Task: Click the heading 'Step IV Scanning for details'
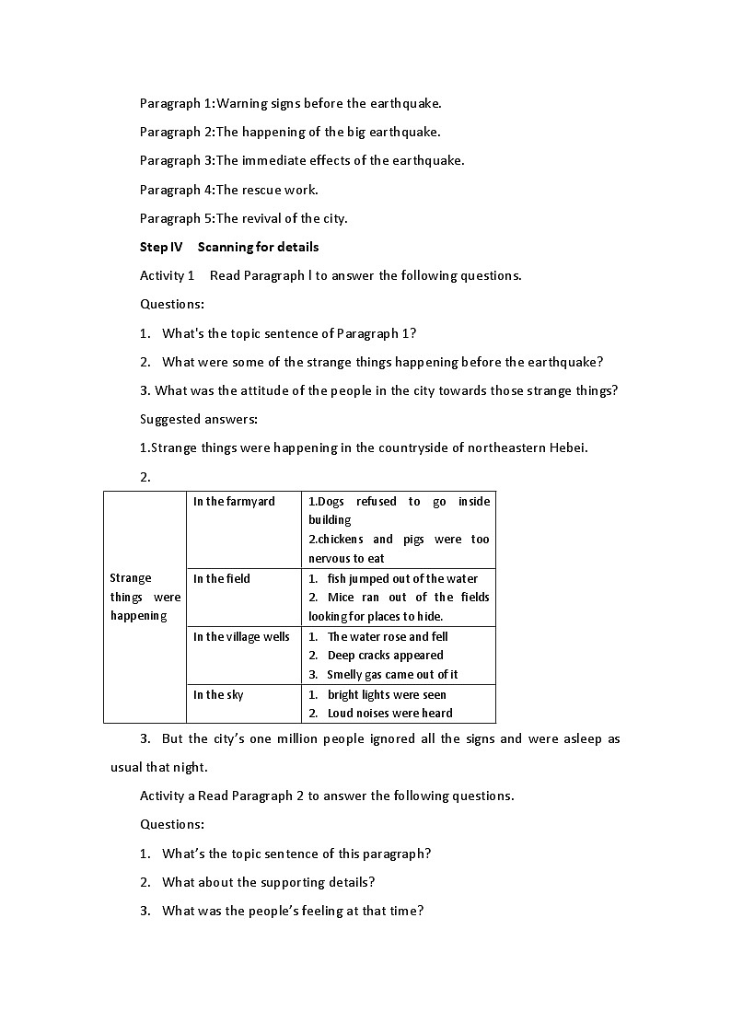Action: tap(229, 247)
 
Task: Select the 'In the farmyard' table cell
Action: tap(234, 502)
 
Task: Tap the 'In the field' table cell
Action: tap(222, 579)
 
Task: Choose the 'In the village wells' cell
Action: tap(241, 637)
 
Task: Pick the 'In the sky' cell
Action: tap(218, 695)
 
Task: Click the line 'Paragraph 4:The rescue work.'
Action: tap(228, 190)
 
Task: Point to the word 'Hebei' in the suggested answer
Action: tap(567, 448)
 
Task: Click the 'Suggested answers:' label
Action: tap(198, 420)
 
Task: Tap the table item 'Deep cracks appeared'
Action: tap(385, 656)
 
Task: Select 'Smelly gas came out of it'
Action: tap(392, 675)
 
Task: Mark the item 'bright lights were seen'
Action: tap(387, 695)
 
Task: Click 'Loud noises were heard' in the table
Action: tap(389, 714)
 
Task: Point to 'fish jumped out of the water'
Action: tap(402, 579)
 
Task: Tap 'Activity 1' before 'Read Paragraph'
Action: tap(167, 275)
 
